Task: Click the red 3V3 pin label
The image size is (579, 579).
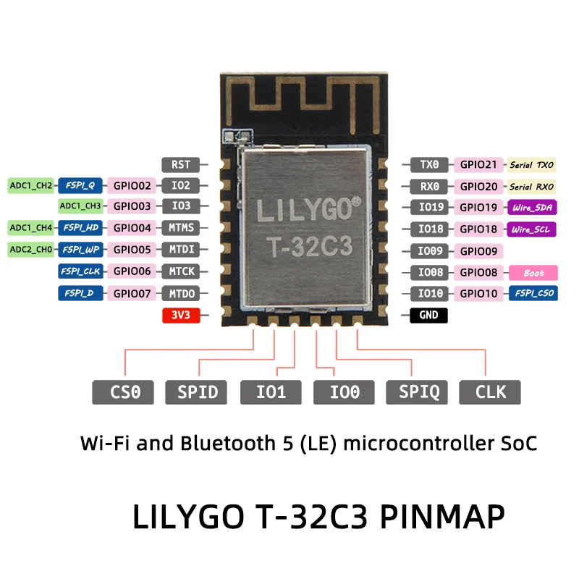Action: [x=178, y=316]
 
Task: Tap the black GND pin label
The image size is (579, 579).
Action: [x=428, y=316]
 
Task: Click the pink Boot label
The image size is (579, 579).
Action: [x=534, y=273]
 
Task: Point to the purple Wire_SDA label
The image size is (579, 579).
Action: [x=533, y=208]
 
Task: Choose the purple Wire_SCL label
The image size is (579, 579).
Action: [x=533, y=229]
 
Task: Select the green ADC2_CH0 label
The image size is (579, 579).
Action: [x=30, y=250]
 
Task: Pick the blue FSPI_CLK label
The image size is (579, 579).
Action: [x=80, y=272]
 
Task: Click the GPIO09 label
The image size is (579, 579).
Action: [x=478, y=251]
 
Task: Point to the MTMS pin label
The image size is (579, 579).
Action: [x=180, y=229]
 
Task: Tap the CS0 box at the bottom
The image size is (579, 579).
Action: [x=123, y=392]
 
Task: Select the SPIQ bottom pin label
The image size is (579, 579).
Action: [x=418, y=392]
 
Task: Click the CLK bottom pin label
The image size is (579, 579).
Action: [x=491, y=392]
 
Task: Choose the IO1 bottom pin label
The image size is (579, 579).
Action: [x=271, y=392]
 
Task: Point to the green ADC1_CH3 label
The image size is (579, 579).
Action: [x=80, y=206]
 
